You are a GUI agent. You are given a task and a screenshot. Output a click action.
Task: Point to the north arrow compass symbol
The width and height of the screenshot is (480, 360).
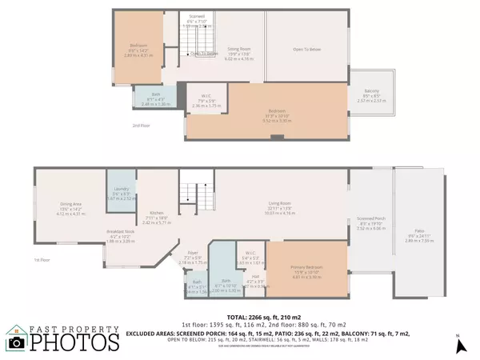pos(460,346)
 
